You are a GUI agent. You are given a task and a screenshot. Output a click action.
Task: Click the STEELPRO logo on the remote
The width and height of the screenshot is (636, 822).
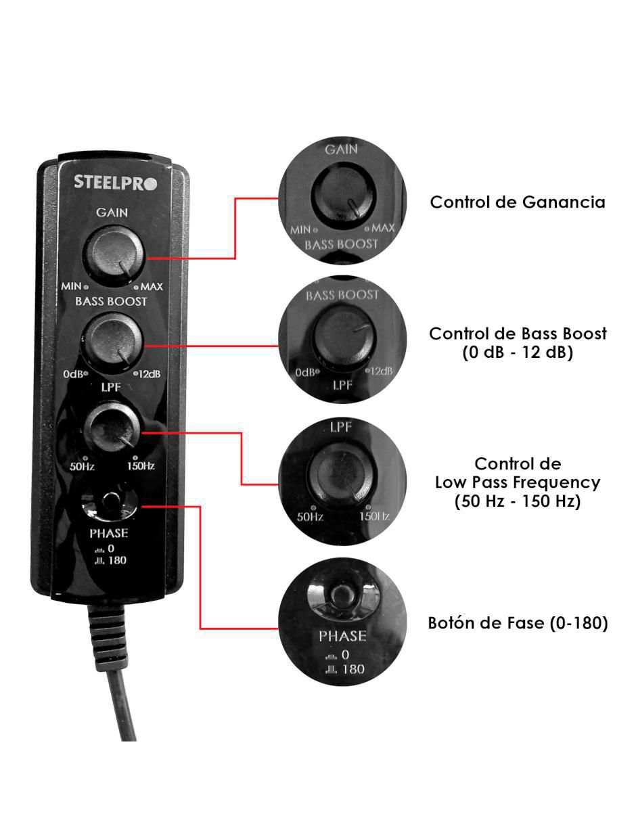coord(115,182)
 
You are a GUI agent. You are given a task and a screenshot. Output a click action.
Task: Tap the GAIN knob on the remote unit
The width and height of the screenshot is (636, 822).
coord(113,255)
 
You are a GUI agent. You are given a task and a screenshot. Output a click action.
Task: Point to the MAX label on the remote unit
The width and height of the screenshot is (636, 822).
coord(152,287)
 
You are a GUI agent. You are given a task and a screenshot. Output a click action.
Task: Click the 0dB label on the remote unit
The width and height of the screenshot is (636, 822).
coord(73,374)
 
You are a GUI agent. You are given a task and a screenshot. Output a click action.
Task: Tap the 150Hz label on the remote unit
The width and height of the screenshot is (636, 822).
coord(141,465)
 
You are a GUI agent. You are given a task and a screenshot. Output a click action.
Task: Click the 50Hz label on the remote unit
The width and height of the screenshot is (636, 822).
coord(82,466)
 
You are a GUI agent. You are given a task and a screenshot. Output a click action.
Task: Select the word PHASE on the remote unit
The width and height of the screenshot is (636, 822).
coord(108,533)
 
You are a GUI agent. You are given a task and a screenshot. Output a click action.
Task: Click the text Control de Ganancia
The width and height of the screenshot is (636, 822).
coord(518,202)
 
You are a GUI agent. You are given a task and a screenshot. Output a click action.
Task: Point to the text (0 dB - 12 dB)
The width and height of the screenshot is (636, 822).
coord(518,352)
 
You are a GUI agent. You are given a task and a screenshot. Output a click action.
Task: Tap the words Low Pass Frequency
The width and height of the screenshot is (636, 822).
coord(518,482)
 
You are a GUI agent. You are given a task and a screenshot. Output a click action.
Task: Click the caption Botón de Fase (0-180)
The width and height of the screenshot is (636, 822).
coord(518,622)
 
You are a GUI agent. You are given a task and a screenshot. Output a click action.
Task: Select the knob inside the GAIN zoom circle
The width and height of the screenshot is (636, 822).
coord(343,195)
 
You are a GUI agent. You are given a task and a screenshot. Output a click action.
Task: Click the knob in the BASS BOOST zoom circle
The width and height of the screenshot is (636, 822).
coord(342,336)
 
